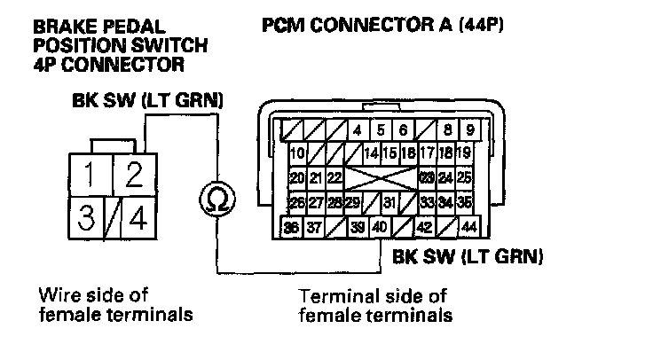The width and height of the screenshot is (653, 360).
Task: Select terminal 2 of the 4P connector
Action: pyautogui.click(x=133, y=175)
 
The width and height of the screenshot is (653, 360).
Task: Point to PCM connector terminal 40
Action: pyautogui.click(x=379, y=228)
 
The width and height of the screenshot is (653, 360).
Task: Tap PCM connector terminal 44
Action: pyautogui.click(x=469, y=228)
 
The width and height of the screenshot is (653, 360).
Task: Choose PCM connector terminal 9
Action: pyautogui.click(x=469, y=129)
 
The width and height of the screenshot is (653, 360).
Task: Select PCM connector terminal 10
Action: pyautogui.click(x=297, y=153)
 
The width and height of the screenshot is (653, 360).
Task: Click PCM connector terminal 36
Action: pyautogui.click(x=290, y=228)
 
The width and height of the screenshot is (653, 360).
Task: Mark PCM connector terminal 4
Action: pyautogui.click(x=357, y=129)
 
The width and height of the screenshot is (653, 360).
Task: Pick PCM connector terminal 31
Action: pyautogui.click(x=389, y=203)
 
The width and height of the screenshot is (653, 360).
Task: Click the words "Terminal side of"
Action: pyautogui.click(x=373, y=295)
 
